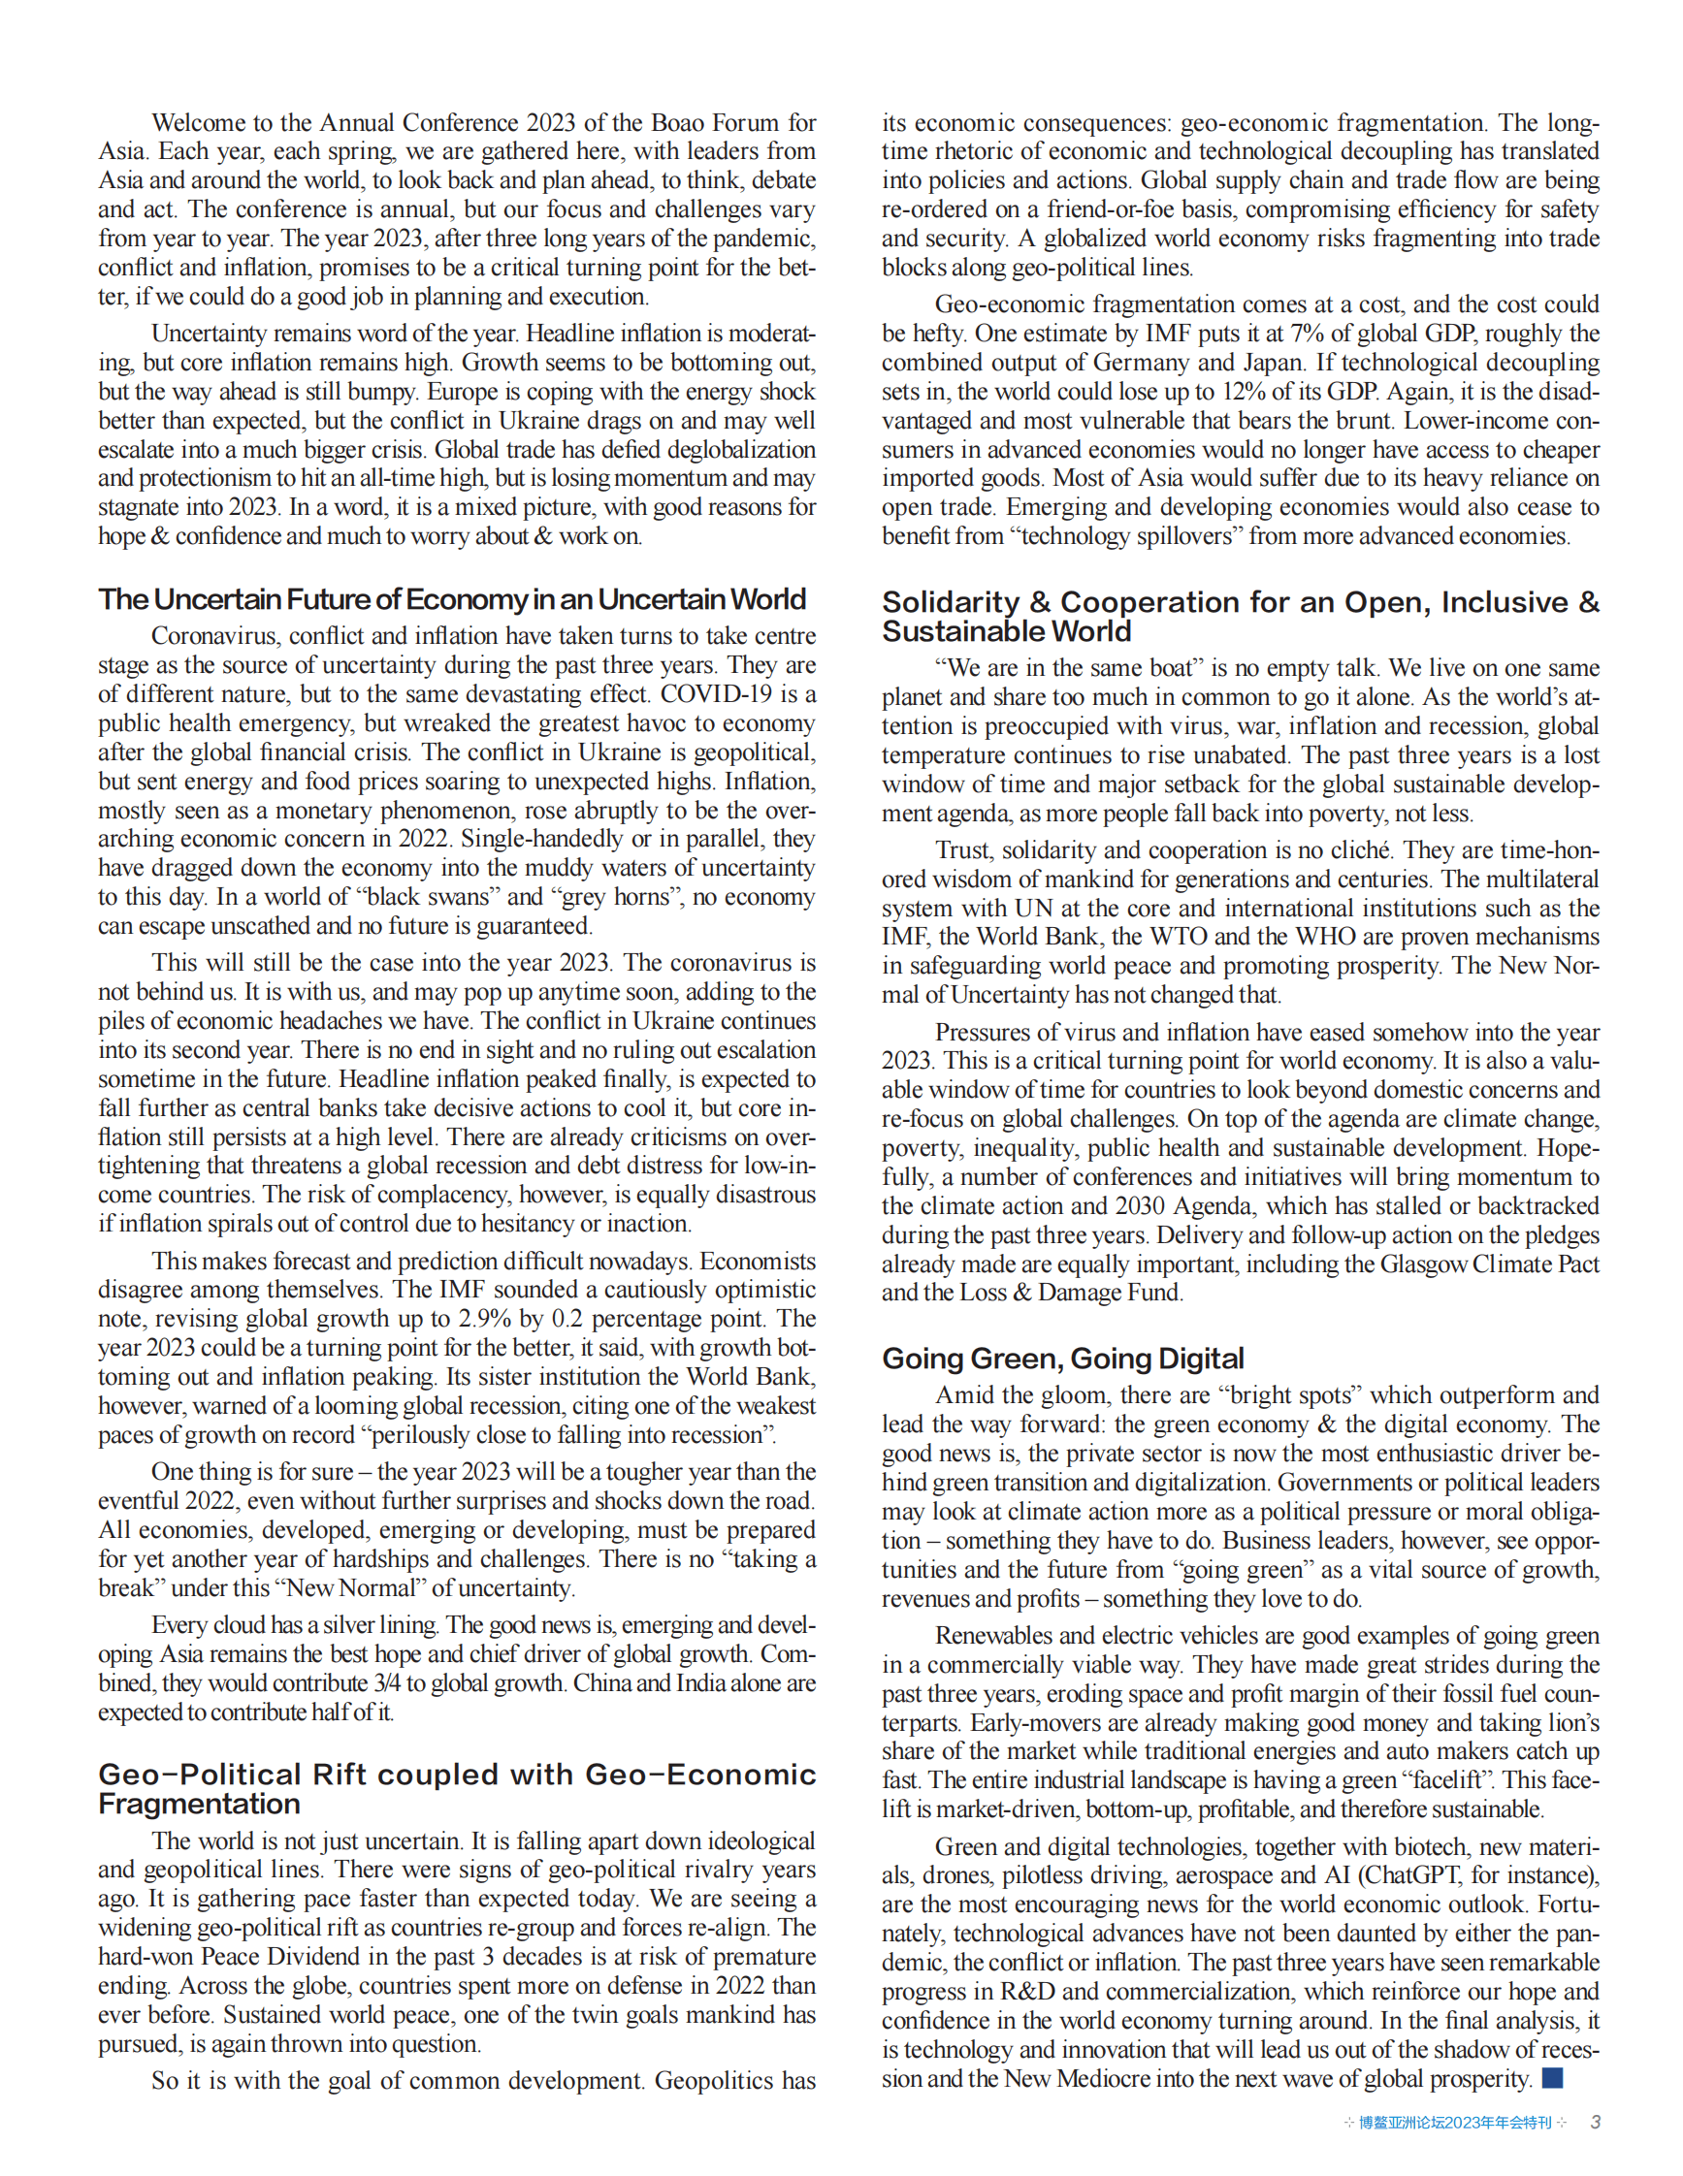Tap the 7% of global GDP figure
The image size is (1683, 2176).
(1308, 333)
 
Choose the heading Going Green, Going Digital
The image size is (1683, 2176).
(1062, 1358)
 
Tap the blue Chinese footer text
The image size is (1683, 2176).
(1455, 2123)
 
